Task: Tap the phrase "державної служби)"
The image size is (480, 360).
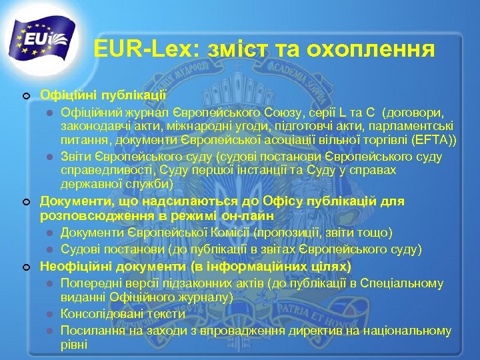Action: coord(117,184)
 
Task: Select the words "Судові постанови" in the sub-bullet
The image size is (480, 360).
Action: coord(103,249)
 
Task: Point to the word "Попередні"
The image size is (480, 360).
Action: coord(87,283)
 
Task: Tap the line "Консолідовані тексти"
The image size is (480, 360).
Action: coord(123,313)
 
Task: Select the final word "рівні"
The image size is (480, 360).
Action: coord(73,345)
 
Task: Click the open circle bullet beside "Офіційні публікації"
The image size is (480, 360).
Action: coord(25,96)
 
